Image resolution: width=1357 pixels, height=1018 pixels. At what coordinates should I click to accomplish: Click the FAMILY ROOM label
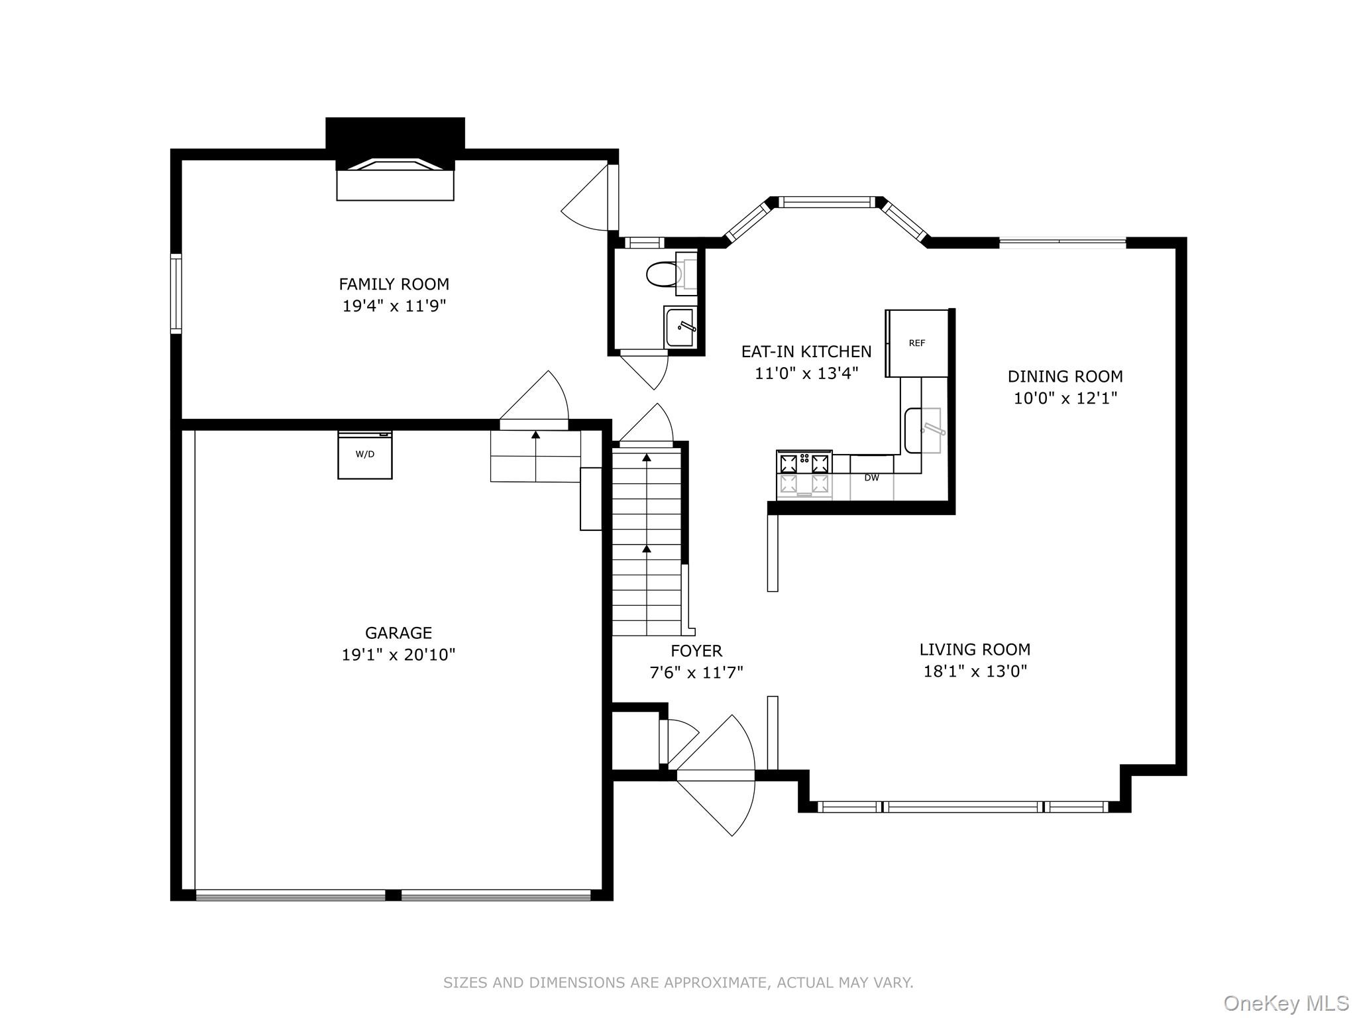tap(394, 284)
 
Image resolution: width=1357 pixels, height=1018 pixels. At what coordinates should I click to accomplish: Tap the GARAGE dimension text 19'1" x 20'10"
tap(398, 655)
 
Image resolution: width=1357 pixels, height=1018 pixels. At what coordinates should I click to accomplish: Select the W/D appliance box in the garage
tap(364, 455)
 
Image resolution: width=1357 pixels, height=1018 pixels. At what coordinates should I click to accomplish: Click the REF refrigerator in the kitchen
tap(917, 343)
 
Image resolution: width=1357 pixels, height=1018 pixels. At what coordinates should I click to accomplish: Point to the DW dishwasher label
tap(871, 478)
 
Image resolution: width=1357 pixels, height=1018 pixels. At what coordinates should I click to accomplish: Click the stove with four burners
tap(804, 473)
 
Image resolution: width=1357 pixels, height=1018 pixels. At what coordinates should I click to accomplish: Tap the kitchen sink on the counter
tap(923, 431)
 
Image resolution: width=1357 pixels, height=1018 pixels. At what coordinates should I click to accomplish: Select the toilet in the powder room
tap(663, 274)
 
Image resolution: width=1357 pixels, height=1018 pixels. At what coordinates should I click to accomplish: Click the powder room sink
tap(680, 327)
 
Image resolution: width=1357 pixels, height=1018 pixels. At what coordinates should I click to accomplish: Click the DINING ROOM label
tap(1065, 376)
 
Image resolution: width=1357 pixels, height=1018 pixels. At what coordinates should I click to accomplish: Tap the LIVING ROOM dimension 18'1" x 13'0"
tap(975, 671)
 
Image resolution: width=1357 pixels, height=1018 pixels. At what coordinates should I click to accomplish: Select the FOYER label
tap(696, 651)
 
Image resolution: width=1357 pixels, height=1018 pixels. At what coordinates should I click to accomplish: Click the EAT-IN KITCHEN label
tap(806, 351)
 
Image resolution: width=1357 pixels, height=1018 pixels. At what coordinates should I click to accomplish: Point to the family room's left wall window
tap(176, 293)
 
